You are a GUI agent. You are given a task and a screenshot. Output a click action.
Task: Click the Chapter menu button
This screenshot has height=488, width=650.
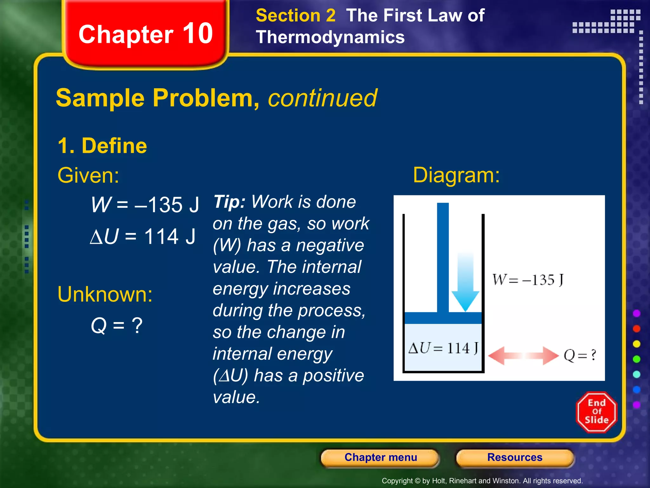coord(380,457)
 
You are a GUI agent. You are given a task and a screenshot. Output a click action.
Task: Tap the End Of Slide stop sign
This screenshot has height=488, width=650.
coord(596,412)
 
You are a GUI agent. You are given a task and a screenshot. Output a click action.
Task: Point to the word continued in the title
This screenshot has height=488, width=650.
coord(322,98)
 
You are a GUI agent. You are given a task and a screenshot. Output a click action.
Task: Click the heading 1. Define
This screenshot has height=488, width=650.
coord(102,146)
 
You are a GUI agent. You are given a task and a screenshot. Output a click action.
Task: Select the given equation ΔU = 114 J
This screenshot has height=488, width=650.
coord(143,236)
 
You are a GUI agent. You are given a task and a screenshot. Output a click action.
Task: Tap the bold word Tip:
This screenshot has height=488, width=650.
coord(229,202)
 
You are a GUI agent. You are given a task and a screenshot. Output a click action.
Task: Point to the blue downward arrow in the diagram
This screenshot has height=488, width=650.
coord(465,283)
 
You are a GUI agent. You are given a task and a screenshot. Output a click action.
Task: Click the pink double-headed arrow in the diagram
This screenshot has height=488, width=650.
coord(523,356)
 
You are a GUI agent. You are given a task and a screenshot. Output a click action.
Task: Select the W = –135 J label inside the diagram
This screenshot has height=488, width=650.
coord(527,280)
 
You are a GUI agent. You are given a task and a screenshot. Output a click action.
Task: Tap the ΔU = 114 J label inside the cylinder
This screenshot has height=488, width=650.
coord(443,348)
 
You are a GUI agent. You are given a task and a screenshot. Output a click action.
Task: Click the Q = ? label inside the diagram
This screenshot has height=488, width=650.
coord(580,355)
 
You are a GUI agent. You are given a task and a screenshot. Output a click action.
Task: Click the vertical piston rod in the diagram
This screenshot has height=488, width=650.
coord(443,257)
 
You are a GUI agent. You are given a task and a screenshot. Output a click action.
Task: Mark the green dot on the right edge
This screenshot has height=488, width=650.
coord(636,359)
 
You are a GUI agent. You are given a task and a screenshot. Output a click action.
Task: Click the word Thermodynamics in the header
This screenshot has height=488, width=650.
coord(330,37)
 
